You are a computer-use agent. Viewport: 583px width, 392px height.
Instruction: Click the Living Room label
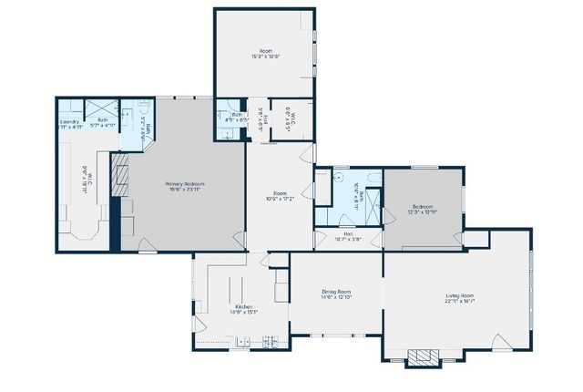[459, 295]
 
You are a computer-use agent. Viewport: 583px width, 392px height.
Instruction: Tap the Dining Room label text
[336, 291]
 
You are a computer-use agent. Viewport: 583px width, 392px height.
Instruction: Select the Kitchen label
[243, 306]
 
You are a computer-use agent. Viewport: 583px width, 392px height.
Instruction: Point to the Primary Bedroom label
[185, 184]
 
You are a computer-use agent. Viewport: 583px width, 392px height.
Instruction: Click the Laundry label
[70, 120]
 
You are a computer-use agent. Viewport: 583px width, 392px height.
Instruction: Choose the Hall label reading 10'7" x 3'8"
[348, 234]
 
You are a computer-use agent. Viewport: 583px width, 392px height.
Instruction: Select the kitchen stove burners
[270, 342]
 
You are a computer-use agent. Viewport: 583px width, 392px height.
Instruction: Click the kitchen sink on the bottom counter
[243, 342]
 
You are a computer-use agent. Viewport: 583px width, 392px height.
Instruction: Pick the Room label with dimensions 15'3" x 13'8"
[265, 50]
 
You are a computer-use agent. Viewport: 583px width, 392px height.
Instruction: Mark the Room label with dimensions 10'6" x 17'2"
[281, 192]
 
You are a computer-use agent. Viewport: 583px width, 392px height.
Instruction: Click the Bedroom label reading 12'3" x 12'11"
[423, 207]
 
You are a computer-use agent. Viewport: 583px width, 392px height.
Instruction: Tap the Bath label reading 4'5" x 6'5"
[236, 115]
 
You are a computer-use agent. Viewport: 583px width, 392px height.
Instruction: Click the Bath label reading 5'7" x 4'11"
[103, 120]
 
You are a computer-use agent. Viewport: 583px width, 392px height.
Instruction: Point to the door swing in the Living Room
[501, 341]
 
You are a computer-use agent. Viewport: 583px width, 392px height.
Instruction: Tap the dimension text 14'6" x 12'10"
[336, 296]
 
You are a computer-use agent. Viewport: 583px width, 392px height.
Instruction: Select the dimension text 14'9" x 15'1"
[243, 312]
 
